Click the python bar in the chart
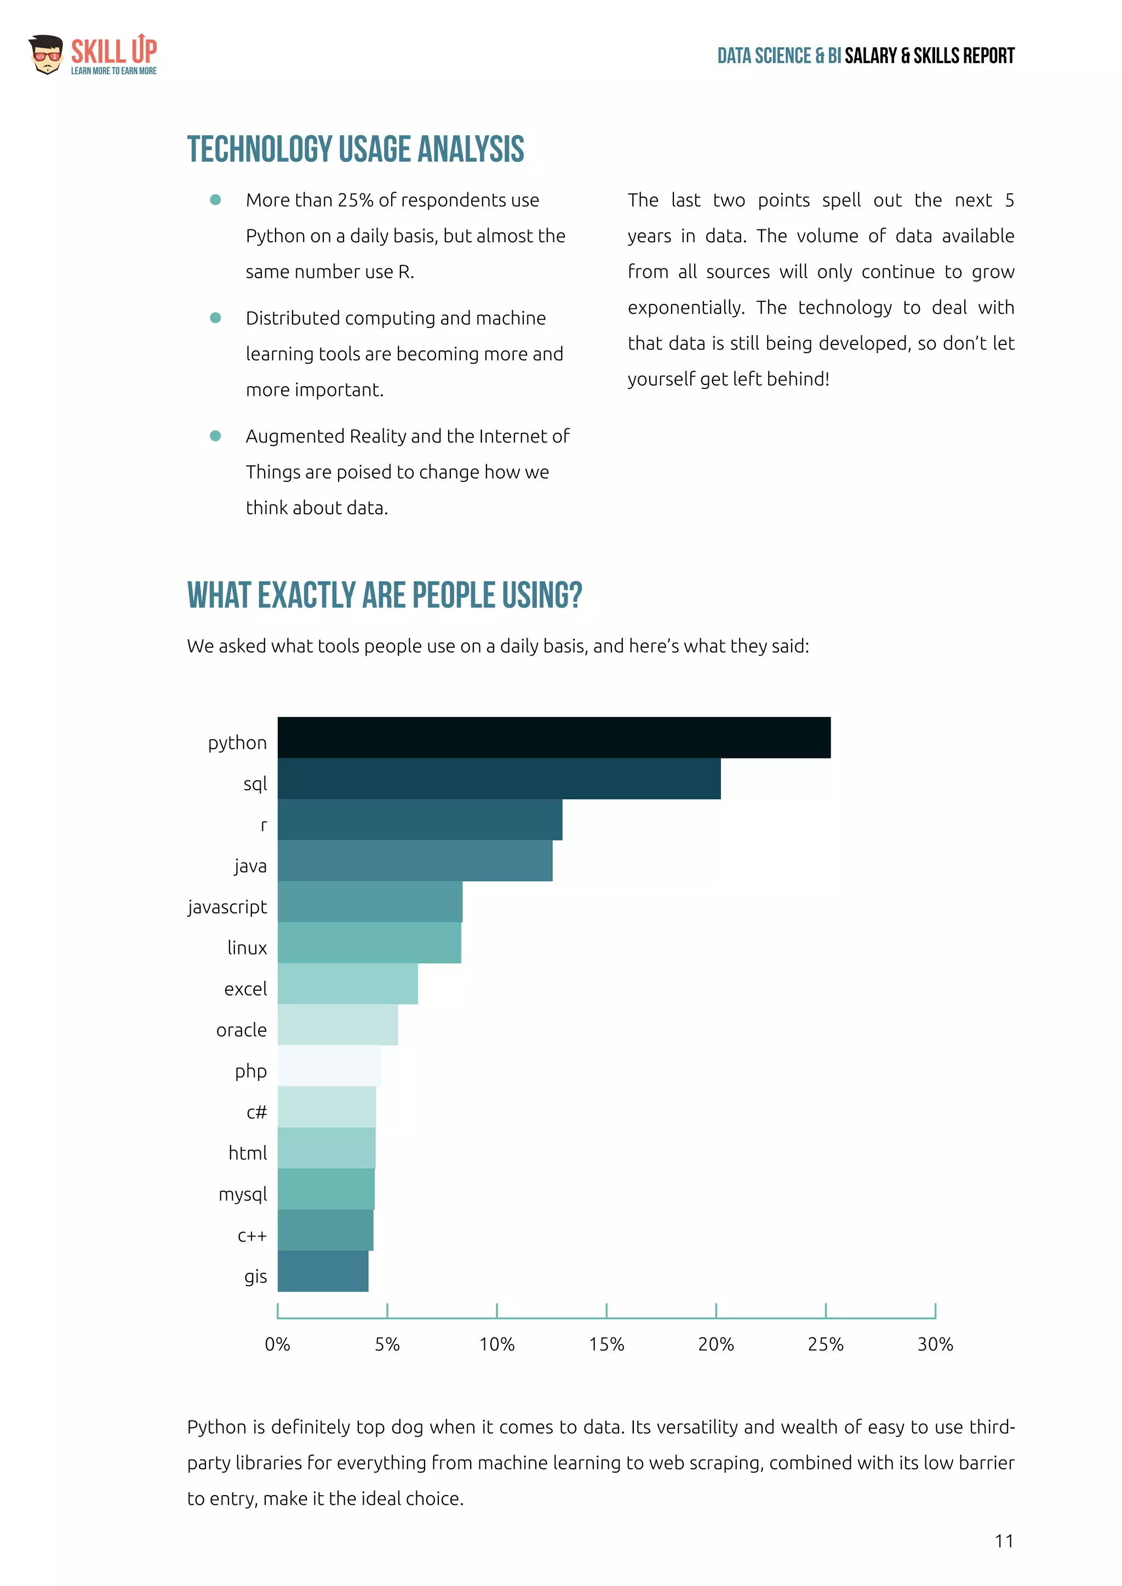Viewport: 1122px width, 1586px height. (x=553, y=737)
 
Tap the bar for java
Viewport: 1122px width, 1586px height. (x=415, y=861)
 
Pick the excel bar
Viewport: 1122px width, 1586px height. (x=347, y=984)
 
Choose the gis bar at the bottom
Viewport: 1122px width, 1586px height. (x=323, y=1271)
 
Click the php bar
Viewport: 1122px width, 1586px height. (x=329, y=1066)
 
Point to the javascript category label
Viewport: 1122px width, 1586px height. (x=227, y=907)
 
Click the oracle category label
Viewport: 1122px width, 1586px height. (x=241, y=1030)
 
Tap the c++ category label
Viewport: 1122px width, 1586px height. (x=251, y=1236)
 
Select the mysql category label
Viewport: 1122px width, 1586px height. (x=243, y=1194)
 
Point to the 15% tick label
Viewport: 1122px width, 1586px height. (x=606, y=1344)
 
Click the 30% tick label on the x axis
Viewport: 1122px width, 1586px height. (x=935, y=1344)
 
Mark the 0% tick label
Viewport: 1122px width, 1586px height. (x=277, y=1344)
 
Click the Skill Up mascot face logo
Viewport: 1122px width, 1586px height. (x=46, y=55)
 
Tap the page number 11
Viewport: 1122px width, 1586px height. (x=1004, y=1541)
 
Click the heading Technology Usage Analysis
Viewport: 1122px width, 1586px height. (x=355, y=149)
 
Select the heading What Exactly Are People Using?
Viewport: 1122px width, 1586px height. (x=384, y=595)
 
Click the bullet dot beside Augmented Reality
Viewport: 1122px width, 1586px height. (x=215, y=436)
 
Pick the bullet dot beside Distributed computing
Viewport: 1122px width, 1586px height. (x=215, y=318)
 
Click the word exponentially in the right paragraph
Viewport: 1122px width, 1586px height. (x=685, y=307)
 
